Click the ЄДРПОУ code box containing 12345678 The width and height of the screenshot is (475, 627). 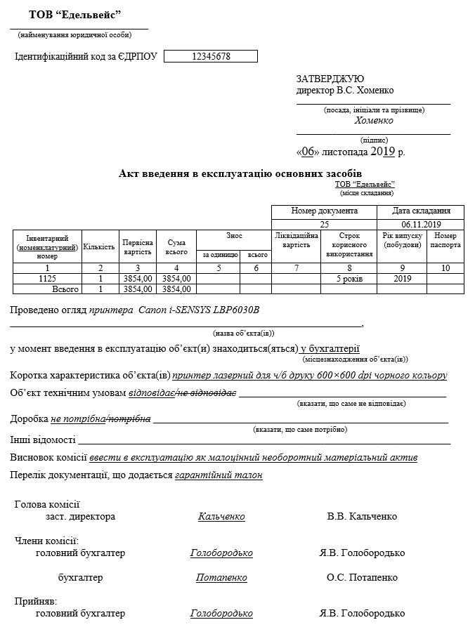(211, 56)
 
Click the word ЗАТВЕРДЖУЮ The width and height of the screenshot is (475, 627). (330, 79)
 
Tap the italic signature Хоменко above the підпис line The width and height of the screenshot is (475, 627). (374, 121)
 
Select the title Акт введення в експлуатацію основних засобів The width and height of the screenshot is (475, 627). (241, 173)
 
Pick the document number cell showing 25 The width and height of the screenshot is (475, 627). (324, 224)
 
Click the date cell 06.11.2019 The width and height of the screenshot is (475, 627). (421, 224)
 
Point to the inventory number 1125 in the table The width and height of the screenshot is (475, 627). (47, 278)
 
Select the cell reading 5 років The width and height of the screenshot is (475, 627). (349, 278)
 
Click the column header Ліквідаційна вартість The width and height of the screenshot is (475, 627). (296, 241)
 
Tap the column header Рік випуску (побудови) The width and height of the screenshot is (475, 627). (402, 241)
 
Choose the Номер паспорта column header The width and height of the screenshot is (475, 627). (445, 241)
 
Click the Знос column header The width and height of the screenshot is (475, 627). (234, 237)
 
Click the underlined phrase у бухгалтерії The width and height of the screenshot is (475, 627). (330, 348)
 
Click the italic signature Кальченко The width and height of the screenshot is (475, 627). (221, 517)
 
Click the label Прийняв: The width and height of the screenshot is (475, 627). (36, 602)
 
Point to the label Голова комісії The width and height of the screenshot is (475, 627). (47, 504)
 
